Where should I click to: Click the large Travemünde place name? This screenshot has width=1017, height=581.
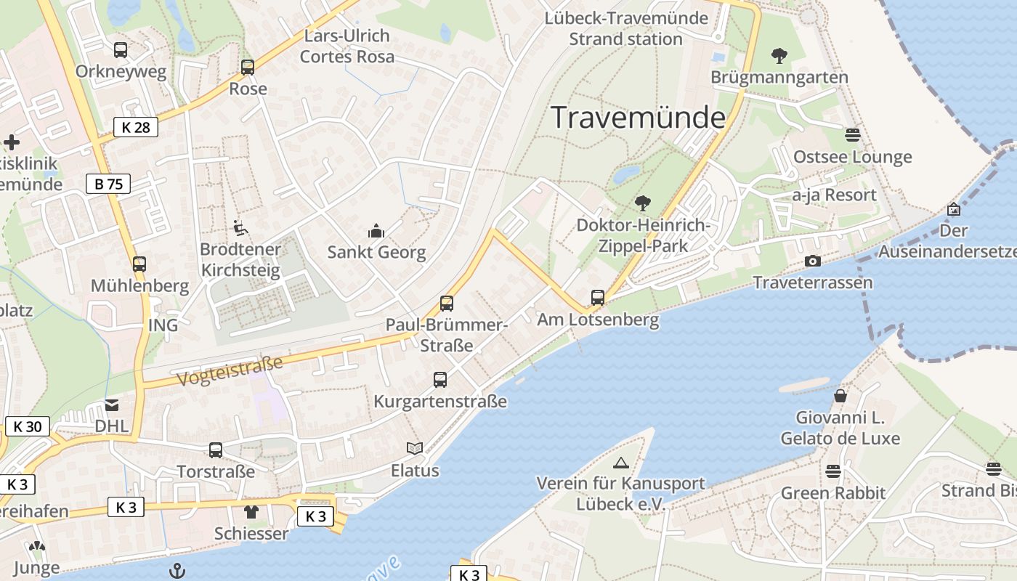[x=639, y=118]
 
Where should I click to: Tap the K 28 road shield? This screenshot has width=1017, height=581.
[x=136, y=128]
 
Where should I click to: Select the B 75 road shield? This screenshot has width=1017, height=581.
[x=108, y=184]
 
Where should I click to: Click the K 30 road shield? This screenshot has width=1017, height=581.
[x=28, y=426]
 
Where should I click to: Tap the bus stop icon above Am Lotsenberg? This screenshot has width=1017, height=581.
[x=598, y=297]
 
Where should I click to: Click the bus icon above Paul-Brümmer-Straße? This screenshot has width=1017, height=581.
[x=447, y=303]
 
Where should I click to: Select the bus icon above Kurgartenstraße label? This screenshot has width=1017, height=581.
[x=440, y=379]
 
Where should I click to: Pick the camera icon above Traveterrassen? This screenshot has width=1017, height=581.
[x=813, y=261]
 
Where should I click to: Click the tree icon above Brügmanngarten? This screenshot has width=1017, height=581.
[x=779, y=55]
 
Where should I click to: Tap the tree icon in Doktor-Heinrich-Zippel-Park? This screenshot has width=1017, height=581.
[x=642, y=203]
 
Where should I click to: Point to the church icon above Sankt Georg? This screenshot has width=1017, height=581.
[x=376, y=231]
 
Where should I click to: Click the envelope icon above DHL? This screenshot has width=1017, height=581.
[x=112, y=405]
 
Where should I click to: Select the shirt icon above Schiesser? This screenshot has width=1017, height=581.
[x=251, y=511]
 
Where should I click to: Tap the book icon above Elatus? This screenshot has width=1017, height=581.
[x=415, y=449]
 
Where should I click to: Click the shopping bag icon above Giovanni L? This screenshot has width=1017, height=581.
[x=840, y=396]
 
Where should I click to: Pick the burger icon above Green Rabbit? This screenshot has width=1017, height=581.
[x=833, y=471]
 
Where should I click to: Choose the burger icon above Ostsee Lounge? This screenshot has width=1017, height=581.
[x=853, y=135]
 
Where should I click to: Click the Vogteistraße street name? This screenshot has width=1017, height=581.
[x=229, y=370]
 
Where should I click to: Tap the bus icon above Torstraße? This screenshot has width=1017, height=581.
[x=216, y=450]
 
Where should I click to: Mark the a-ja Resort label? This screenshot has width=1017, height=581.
[x=834, y=195]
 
